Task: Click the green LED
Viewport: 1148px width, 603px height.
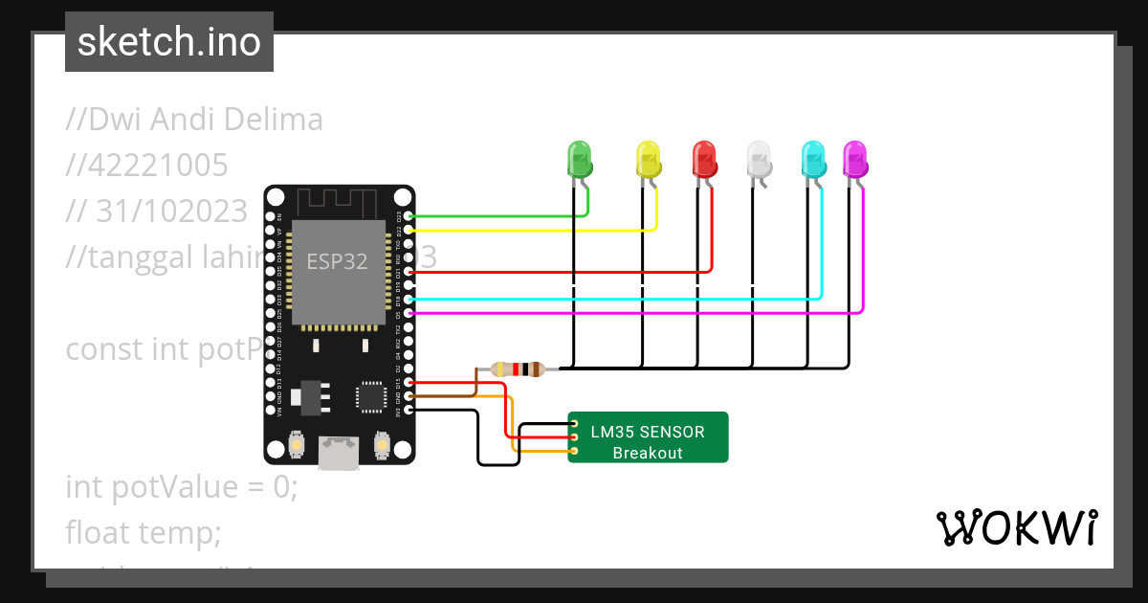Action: pyautogui.click(x=580, y=158)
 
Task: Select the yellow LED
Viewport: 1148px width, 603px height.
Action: pyautogui.click(x=649, y=158)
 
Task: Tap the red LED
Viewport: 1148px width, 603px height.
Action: pyautogui.click(x=704, y=158)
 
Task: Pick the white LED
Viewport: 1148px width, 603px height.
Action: pyautogui.click(x=759, y=158)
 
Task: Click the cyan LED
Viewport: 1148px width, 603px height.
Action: pyautogui.click(x=813, y=158)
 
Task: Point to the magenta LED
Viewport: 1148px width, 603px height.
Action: pyautogui.click(x=854, y=158)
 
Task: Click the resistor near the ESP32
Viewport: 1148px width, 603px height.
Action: pyautogui.click(x=517, y=369)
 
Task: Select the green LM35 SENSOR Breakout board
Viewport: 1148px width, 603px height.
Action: pyautogui.click(x=648, y=437)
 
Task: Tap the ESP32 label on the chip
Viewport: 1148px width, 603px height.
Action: pyautogui.click(x=337, y=261)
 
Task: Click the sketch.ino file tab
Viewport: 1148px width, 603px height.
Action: pyautogui.click(x=169, y=42)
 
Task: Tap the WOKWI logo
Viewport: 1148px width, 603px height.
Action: pyautogui.click(x=1016, y=527)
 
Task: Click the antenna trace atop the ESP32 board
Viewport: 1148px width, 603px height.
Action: pyautogui.click(x=340, y=202)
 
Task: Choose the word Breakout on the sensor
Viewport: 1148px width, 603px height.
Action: pyautogui.click(x=648, y=453)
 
